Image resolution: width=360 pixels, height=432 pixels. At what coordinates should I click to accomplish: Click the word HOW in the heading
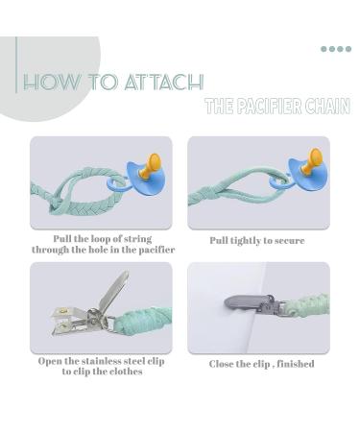[x=52, y=82]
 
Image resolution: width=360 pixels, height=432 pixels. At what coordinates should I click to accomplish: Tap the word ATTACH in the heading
[x=164, y=82]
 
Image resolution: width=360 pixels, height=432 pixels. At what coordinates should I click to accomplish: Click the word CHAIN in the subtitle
[x=327, y=107]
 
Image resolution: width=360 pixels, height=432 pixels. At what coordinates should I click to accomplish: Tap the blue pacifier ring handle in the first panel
[x=116, y=186]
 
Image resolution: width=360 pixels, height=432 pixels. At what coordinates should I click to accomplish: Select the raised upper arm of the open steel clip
[x=112, y=290]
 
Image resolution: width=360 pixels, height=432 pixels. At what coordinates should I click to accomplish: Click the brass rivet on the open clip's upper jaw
[x=61, y=310]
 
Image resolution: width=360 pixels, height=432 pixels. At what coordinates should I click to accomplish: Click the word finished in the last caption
[x=296, y=364]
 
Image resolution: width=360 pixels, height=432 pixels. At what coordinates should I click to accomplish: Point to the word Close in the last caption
[x=221, y=364]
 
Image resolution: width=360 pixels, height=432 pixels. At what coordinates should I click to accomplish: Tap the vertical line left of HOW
[x=16, y=65]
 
